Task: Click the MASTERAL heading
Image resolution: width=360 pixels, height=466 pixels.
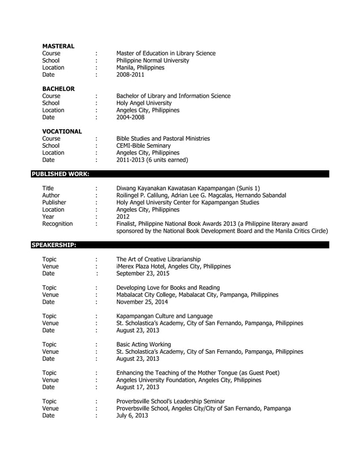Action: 59,46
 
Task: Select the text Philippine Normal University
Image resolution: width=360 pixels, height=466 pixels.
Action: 152,60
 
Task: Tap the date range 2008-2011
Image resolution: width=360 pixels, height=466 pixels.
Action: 130,74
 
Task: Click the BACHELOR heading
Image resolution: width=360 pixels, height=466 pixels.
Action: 59,89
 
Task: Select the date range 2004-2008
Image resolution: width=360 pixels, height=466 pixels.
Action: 130,117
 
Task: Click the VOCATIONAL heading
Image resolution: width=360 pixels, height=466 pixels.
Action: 62,131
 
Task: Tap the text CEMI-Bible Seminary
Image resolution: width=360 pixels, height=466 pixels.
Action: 143,146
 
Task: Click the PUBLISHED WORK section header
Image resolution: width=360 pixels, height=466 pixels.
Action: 59,174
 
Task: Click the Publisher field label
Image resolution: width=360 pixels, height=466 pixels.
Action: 54,202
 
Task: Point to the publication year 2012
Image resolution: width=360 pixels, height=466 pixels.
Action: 122,217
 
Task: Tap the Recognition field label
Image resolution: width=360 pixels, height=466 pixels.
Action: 58,224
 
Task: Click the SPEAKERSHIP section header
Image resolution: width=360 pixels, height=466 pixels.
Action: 54,245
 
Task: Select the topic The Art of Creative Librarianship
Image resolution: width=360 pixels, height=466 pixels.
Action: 163,259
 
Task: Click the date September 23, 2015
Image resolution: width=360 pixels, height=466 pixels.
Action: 143,274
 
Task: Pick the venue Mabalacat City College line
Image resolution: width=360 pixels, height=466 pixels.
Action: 197,294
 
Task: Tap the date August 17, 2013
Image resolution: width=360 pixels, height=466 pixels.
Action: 138,387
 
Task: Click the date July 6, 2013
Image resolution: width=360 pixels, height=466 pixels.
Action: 132,415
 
